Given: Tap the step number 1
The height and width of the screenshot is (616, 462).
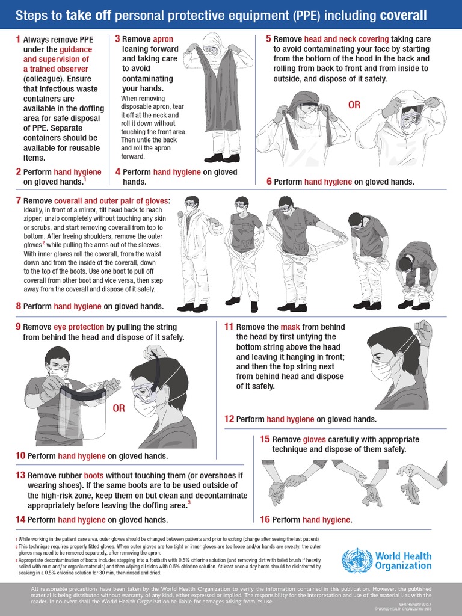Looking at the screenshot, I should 18,39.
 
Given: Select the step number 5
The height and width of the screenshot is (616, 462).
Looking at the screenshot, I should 269,39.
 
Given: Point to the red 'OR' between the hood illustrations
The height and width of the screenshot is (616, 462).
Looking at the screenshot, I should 354,105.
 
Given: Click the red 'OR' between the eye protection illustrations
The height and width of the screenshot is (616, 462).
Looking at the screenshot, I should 119,408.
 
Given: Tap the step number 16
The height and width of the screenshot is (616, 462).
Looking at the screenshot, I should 265,519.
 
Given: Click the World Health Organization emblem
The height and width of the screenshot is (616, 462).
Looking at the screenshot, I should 354,560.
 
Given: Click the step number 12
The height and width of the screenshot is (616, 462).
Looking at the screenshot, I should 229,419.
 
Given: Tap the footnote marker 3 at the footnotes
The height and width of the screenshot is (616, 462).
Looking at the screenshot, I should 16,560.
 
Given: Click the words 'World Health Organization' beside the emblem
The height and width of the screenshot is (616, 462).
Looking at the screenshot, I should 403,560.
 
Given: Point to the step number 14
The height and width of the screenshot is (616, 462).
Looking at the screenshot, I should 20,519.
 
